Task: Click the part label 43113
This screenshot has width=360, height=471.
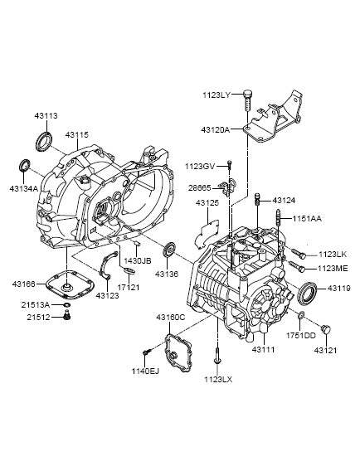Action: [x=46, y=115]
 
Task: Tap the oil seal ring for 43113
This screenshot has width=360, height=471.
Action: [x=44, y=141]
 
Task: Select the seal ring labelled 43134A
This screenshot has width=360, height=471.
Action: [x=25, y=165]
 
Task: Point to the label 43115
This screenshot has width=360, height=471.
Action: [x=77, y=135]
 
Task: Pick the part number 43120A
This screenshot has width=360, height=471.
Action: [x=215, y=129]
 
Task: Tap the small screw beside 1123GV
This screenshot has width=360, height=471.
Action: [x=230, y=166]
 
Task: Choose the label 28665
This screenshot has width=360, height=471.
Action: [x=200, y=188]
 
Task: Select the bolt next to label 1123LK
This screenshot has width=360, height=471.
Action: [x=298, y=253]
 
